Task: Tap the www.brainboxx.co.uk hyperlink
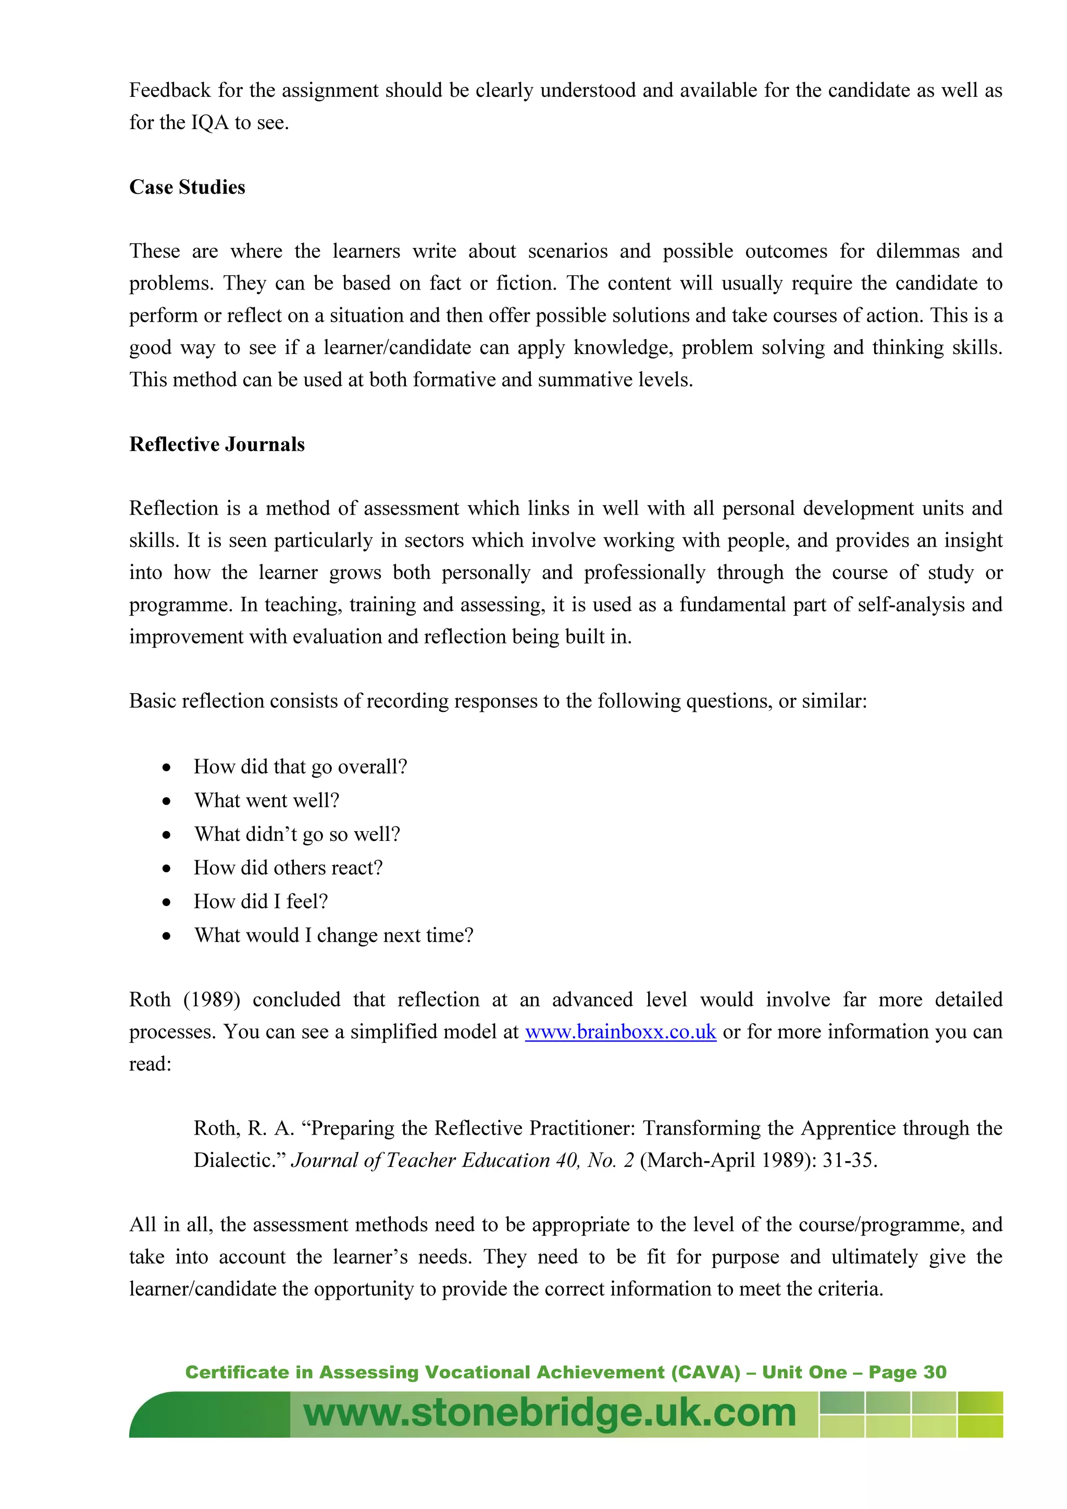[620, 1032]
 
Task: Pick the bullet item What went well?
[266, 800]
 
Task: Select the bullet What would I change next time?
[333, 935]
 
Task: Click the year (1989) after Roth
[211, 1000]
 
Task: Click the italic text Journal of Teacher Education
[420, 1160]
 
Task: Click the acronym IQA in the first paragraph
[210, 123]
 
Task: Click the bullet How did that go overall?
[301, 767]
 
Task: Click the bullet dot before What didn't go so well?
[167, 835]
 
